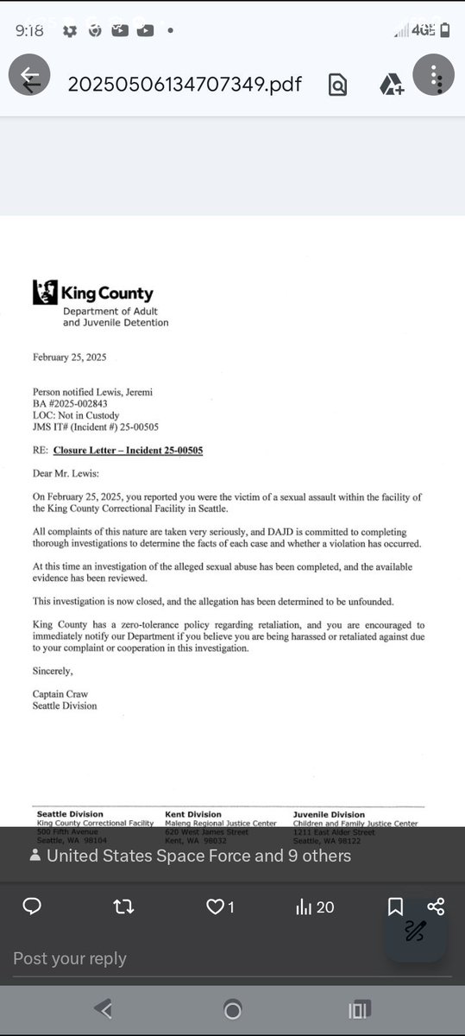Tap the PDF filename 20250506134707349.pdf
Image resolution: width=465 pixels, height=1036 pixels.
185,84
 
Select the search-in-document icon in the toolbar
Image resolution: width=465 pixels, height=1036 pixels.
337,85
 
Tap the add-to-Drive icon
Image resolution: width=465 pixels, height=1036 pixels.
392,85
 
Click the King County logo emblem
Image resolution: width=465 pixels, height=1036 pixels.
45,292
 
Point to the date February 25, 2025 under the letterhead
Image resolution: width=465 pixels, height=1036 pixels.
69,357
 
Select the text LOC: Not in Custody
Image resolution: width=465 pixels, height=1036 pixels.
76,415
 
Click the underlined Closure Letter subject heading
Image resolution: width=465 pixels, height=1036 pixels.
128,451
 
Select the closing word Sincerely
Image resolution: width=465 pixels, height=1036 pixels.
53,671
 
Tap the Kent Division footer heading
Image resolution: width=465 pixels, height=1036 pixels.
193,814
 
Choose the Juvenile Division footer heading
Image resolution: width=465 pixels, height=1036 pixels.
329,814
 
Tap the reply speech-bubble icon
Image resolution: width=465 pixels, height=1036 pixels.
32,906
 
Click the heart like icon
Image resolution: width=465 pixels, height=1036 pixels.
215,906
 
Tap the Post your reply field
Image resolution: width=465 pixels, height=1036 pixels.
70,958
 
